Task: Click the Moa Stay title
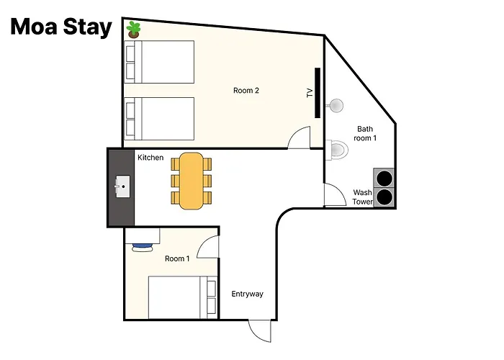(61, 27)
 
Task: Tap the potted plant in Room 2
(133, 30)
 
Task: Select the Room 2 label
(246, 91)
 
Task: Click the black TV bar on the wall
(318, 93)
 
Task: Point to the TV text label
(310, 93)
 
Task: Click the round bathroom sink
(336, 105)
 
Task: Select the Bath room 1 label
(365, 133)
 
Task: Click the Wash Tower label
(363, 197)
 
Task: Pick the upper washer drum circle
(384, 179)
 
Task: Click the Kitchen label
(150, 158)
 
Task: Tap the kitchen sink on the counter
(123, 186)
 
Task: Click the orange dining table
(192, 181)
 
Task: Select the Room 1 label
(177, 258)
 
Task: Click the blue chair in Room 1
(142, 247)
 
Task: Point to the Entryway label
(247, 294)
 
